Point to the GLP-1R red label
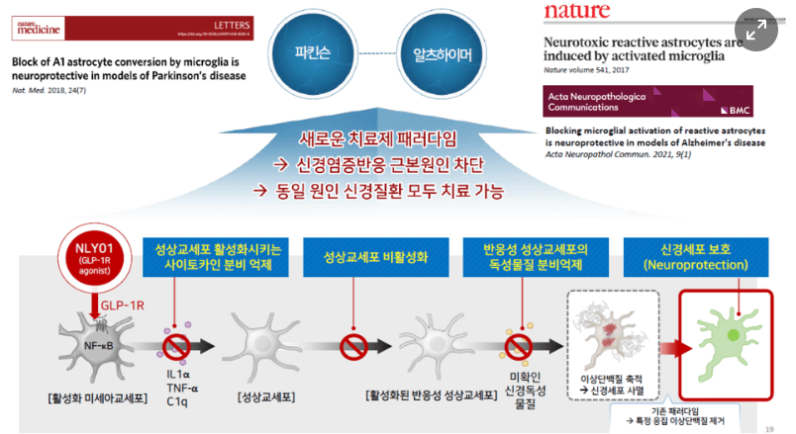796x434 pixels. click(120, 306)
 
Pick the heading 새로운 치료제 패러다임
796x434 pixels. click(395, 140)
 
